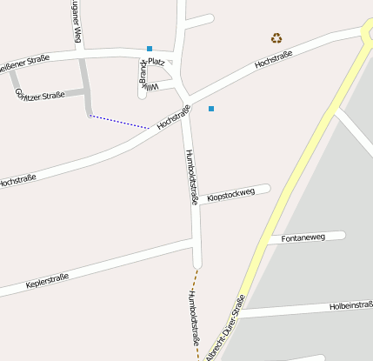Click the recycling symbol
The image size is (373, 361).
(276, 37)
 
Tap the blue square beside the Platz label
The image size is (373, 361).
(150, 49)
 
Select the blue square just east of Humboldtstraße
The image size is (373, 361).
(211, 109)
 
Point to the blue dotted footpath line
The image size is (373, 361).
(119, 122)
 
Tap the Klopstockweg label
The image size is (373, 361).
(231, 195)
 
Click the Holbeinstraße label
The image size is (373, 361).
(350, 305)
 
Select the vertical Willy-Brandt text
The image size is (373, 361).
(143, 76)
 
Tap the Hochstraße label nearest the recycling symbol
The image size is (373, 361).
(273, 60)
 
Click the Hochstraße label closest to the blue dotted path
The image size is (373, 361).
(174, 117)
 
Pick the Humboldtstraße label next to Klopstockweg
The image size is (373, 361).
(192, 177)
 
